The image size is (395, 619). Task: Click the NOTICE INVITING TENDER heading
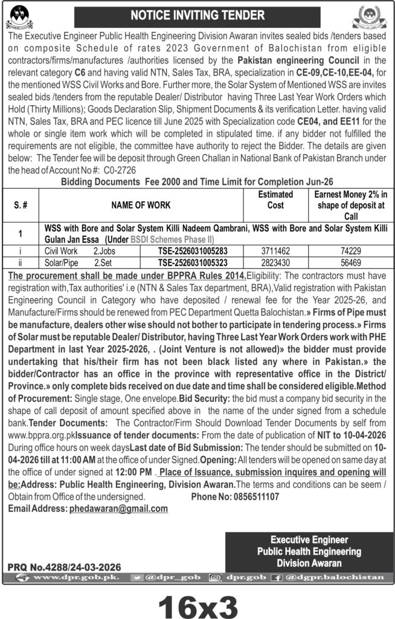(x=197, y=15)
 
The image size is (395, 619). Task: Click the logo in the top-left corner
(x=19, y=18)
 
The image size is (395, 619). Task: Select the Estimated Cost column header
(x=275, y=200)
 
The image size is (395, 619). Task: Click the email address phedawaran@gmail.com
(x=118, y=508)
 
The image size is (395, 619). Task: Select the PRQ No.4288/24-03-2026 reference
(x=64, y=567)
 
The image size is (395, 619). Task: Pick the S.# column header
(x=19, y=206)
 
